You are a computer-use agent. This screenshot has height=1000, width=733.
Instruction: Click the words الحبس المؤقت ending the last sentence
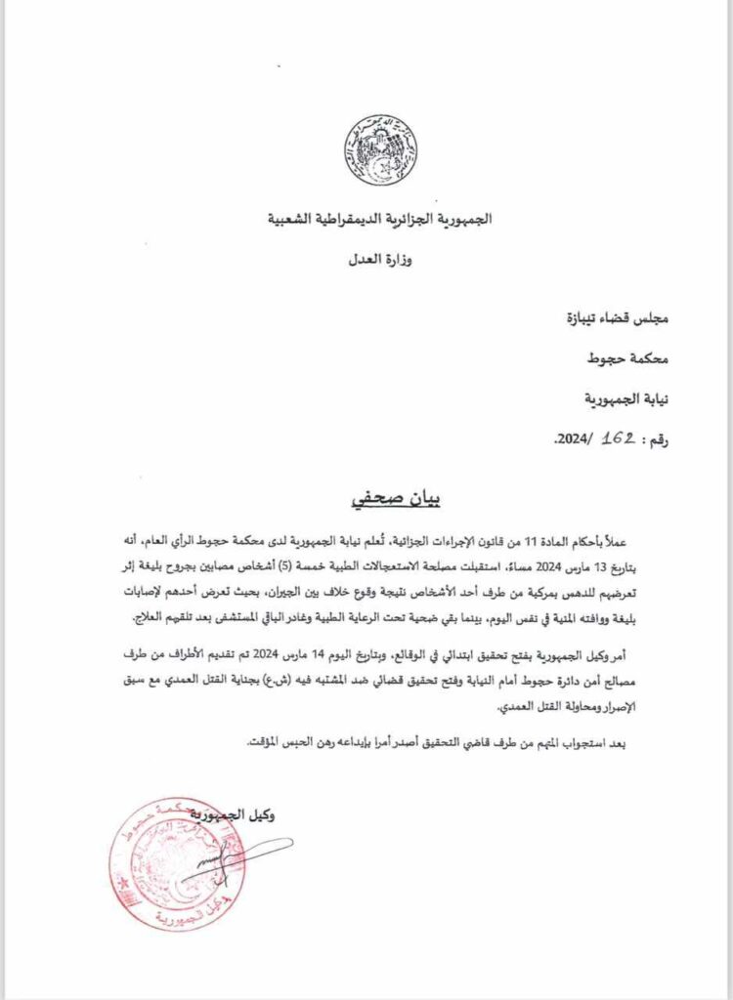[279, 744]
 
